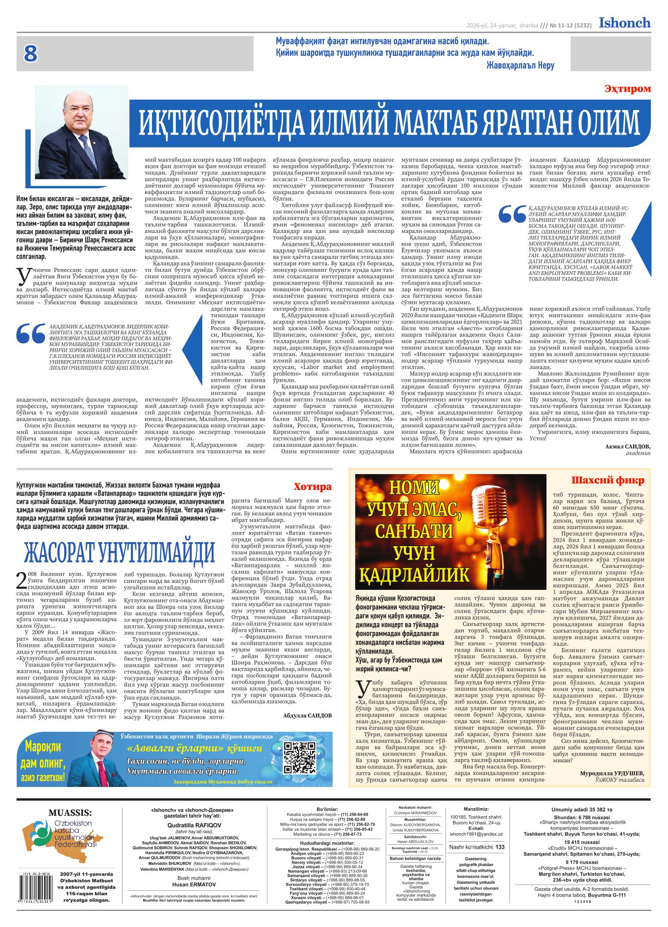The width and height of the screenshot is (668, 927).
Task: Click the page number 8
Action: click(x=30, y=54)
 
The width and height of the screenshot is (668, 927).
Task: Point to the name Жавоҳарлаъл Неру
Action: click(x=520, y=65)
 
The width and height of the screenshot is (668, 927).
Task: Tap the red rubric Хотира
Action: click(x=312, y=487)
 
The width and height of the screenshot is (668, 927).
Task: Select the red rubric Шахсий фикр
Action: click(x=608, y=480)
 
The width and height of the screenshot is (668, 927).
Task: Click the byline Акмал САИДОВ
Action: click(x=627, y=447)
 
